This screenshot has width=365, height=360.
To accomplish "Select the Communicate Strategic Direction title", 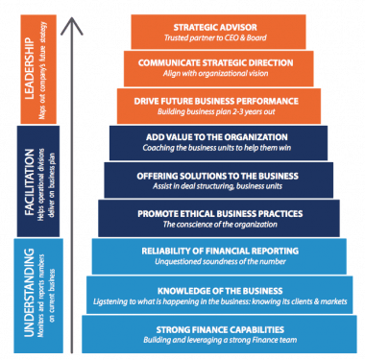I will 217,61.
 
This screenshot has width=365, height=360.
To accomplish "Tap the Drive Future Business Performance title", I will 218,99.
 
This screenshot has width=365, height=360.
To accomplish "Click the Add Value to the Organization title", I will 218,136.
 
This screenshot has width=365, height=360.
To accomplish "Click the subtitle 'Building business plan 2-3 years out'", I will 218,110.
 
